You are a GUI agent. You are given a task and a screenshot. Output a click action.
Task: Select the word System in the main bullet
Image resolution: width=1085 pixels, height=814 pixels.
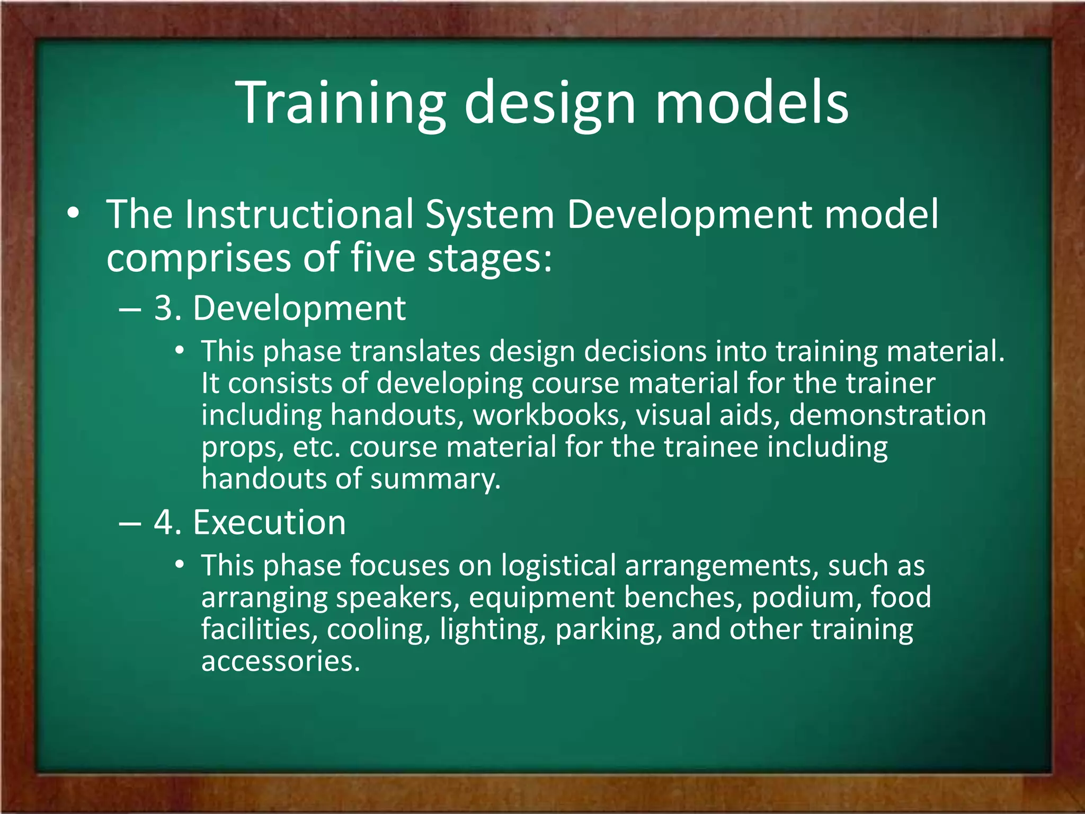coord(490,214)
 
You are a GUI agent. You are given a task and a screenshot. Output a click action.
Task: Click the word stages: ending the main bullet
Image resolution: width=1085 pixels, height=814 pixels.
coord(490,258)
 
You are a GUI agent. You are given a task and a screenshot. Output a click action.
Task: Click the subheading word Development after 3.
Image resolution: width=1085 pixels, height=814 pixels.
coord(299,308)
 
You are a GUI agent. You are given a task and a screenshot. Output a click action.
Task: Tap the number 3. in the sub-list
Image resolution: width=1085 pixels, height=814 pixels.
coord(168,308)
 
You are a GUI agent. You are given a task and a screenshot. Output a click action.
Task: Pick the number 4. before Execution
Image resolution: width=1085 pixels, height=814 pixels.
coord(168,523)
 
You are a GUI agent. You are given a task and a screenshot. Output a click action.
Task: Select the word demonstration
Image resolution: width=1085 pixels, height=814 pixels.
coord(887,415)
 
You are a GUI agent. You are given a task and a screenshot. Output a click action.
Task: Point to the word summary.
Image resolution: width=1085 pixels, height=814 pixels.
coord(435,479)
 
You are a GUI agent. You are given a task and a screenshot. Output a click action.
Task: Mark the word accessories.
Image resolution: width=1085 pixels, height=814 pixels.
coord(280,661)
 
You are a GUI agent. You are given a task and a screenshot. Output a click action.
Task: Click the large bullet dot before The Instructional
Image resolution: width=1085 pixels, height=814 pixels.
coord(73,214)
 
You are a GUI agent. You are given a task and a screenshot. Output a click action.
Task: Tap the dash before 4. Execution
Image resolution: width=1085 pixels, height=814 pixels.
coord(130,524)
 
